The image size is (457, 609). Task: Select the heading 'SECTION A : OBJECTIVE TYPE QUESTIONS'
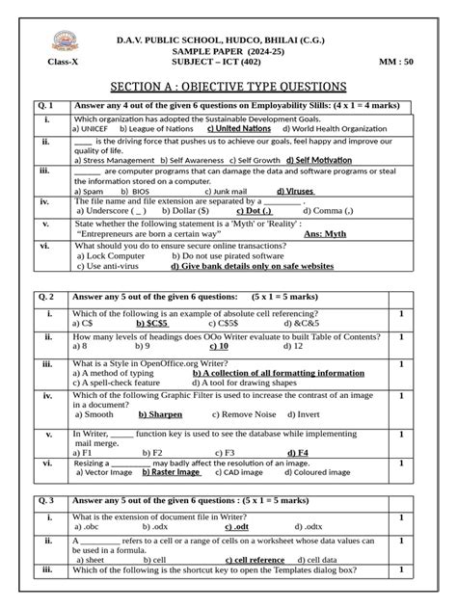[x=228, y=85]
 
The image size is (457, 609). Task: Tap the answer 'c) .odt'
[x=237, y=528]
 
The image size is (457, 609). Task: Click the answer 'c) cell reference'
[x=252, y=560]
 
